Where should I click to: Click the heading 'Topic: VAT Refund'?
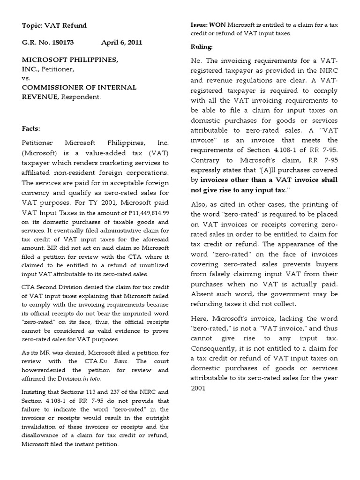click(x=54, y=25)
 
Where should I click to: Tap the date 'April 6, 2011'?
click(x=121, y=42)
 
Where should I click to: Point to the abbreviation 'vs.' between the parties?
click(x=26, y=78)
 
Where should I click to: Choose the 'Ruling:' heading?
click(x=202, y=47)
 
